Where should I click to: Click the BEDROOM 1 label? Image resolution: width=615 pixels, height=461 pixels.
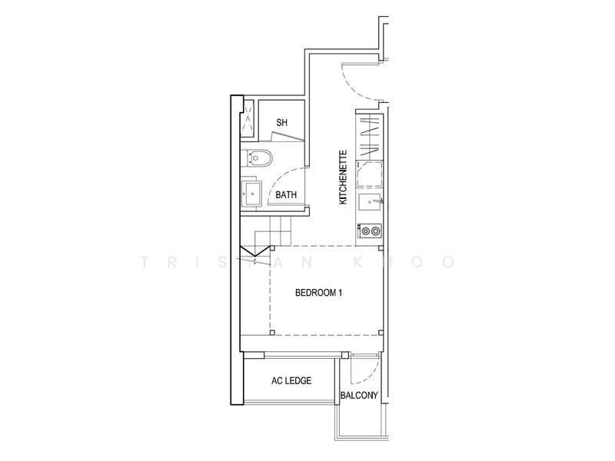(x=318, y=293)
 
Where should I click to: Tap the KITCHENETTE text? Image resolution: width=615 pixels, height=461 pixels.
(x=343, y=177)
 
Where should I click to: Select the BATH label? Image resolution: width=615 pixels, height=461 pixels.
(x=286, y=195)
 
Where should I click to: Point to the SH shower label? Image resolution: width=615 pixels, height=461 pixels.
(x=281, y=123)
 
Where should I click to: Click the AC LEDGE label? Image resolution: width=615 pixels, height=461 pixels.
(x=291, y=380)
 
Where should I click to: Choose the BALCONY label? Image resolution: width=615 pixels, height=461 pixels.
(x=359, y=396)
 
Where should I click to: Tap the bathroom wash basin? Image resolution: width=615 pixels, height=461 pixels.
(x=251, y=194)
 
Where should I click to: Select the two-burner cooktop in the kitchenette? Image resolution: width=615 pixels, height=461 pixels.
(x=371, y=231)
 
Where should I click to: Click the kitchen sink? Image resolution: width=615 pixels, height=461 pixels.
(x=371, y=202)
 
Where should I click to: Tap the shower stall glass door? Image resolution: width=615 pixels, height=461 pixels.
(x=287, y=137)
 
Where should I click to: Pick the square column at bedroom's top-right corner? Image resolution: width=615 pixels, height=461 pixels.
(x=381, y=247)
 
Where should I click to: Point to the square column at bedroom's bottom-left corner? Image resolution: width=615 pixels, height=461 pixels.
(x=272, y=333)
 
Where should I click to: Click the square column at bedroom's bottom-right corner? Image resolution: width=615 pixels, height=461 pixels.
(x=381, y=333)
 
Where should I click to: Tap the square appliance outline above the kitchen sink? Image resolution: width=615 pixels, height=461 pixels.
(x=369, y=174)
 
